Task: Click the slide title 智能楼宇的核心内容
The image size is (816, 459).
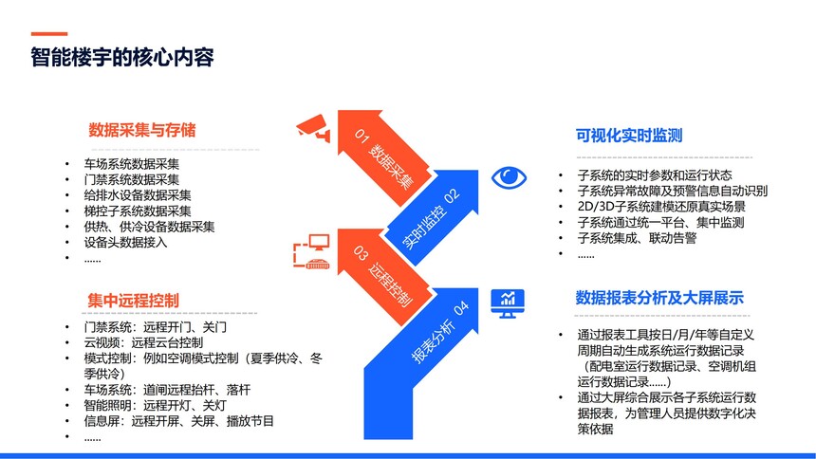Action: (x=122, y=57)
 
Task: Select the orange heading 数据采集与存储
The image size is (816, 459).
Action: (x=142, y=130)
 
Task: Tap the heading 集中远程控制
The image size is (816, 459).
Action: (x=133, y=301)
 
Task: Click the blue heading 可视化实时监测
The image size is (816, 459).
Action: (x=629, y=136)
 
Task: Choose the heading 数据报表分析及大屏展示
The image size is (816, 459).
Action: (x=659, y=298)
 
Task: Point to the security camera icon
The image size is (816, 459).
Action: (x=313, y=127)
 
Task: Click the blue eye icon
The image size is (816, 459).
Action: (x=509, y=177)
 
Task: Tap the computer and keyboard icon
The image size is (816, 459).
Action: (x=312, y=251)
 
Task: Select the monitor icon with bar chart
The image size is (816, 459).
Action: (x=508, y=303)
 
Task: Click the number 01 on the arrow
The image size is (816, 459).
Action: (x=362, y=136)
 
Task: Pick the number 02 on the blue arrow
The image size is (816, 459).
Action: (x=452, y=196)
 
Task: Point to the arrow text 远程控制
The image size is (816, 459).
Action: (x=391, y=284)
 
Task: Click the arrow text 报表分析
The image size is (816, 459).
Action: (x=433, y=340)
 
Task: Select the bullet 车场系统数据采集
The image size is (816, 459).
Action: (x=132, y=164)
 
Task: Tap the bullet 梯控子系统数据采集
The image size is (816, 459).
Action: (x=138, y=211)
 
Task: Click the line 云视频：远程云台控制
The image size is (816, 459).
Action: (x=143, y=342)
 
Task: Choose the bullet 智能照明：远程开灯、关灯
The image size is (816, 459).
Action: (x=155, y=405)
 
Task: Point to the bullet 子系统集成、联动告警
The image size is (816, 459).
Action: (x=637, y=238)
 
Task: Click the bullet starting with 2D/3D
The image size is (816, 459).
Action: (x=661, y=206)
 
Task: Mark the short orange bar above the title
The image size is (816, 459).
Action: (x=49, y=34)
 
